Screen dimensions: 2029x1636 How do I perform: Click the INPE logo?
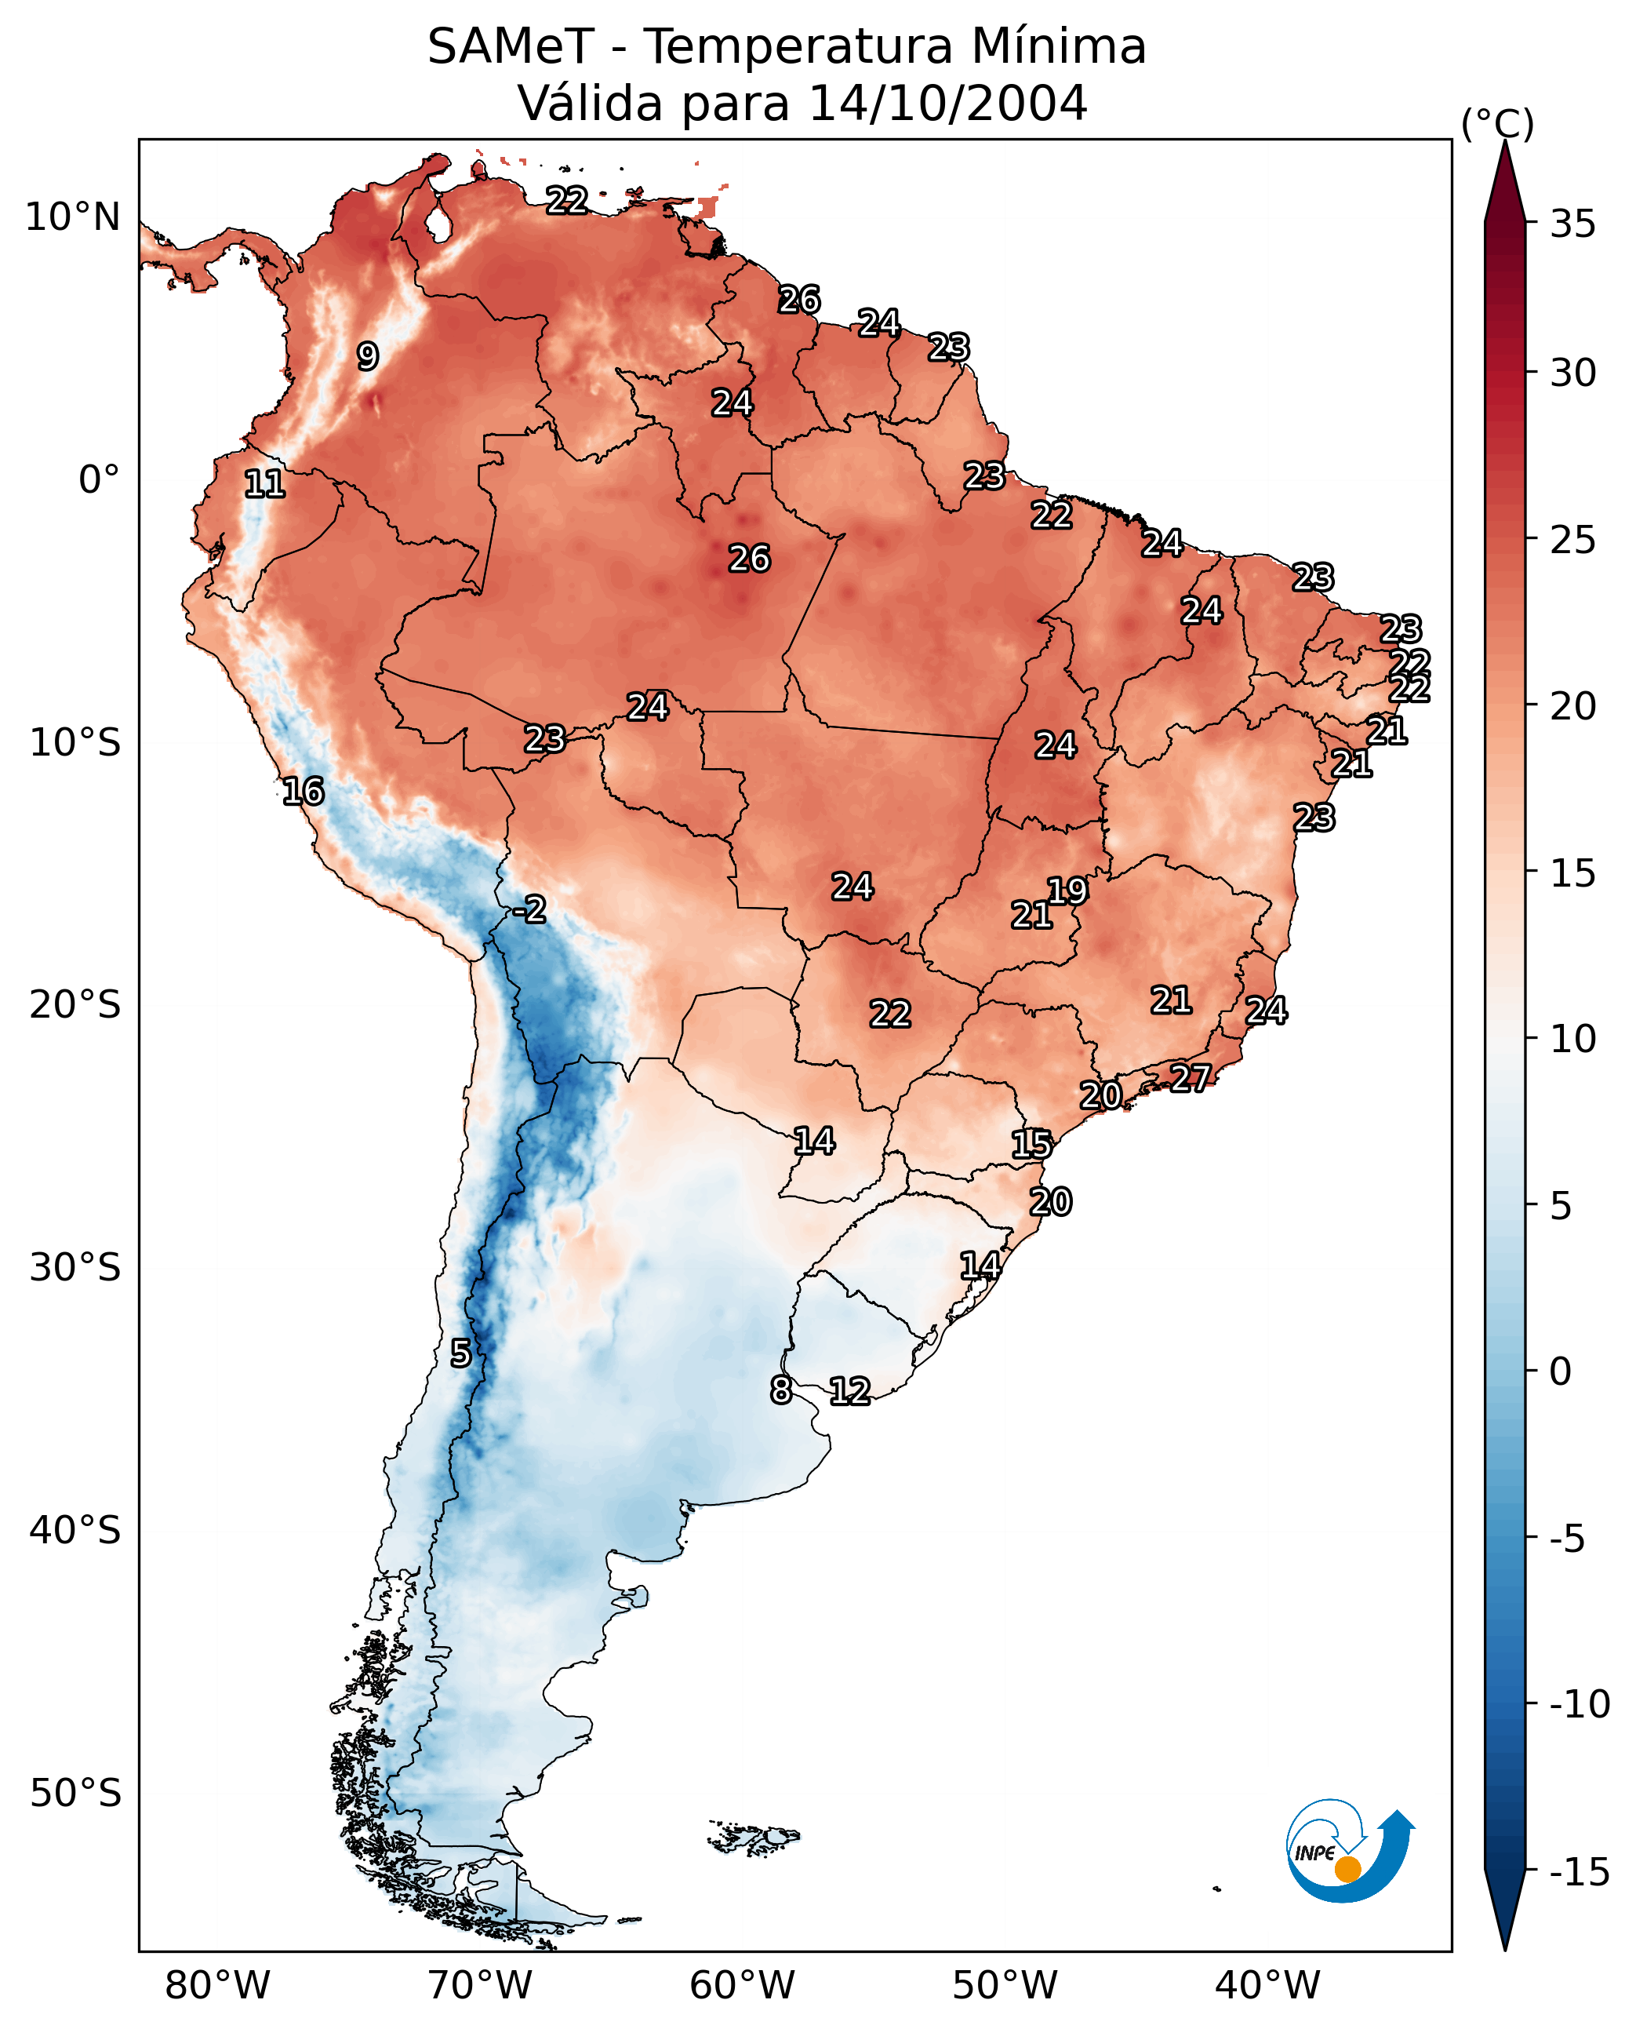click(1349, 1852)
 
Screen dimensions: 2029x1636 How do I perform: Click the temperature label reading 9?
click(368, 356)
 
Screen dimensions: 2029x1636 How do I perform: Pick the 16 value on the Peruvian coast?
click(304, 791)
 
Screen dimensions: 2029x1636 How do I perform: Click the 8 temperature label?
click(780, 1390)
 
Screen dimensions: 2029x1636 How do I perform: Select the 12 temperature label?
click(849, 1390)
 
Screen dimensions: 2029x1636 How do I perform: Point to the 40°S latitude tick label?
click(75, 1529)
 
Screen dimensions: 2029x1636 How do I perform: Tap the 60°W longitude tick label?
click(742, 1985)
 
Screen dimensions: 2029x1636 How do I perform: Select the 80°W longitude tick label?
click(218, 1985)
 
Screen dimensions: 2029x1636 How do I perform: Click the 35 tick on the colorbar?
click(1572, 224)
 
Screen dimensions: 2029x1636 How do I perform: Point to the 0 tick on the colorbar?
click(1561, 1371)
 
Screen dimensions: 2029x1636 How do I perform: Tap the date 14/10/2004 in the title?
click(947, 103)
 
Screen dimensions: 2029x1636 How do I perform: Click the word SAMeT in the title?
click(510, 46)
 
